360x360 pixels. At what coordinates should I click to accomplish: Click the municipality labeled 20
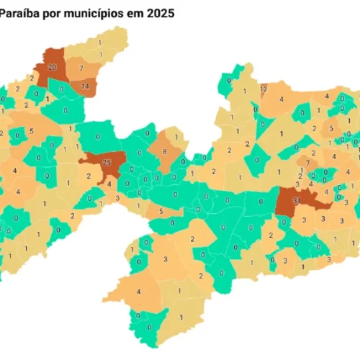pyautogui.click(x=52, y=66)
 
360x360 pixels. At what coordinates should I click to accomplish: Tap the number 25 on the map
pyautogui.click(x=107, y=162)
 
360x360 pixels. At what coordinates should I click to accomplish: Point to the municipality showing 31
pyautogui.click(x=296, y=200)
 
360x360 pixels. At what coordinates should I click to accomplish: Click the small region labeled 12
pyautogui.click(x=264, y=89)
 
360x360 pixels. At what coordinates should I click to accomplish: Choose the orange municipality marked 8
pyautogui.click(x=164, y=151)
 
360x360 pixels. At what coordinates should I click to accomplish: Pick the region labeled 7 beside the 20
pyautogui.click(x=81, y=68)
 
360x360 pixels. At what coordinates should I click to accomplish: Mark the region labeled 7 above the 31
pyautogui.click(x=307, y=163)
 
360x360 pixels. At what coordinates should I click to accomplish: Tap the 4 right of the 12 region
pyautogui.click(x=282, y=99)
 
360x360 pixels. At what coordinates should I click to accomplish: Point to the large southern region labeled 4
pyautogui.click(x=138, y=291)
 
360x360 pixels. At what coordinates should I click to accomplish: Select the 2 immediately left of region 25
pyautogui.click(x=89, y=175)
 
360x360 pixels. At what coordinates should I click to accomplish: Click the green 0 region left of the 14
pyautogui.click(x=65, y=110)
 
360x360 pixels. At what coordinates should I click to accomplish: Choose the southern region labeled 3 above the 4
pyautogui.click(x=165, y=258)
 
